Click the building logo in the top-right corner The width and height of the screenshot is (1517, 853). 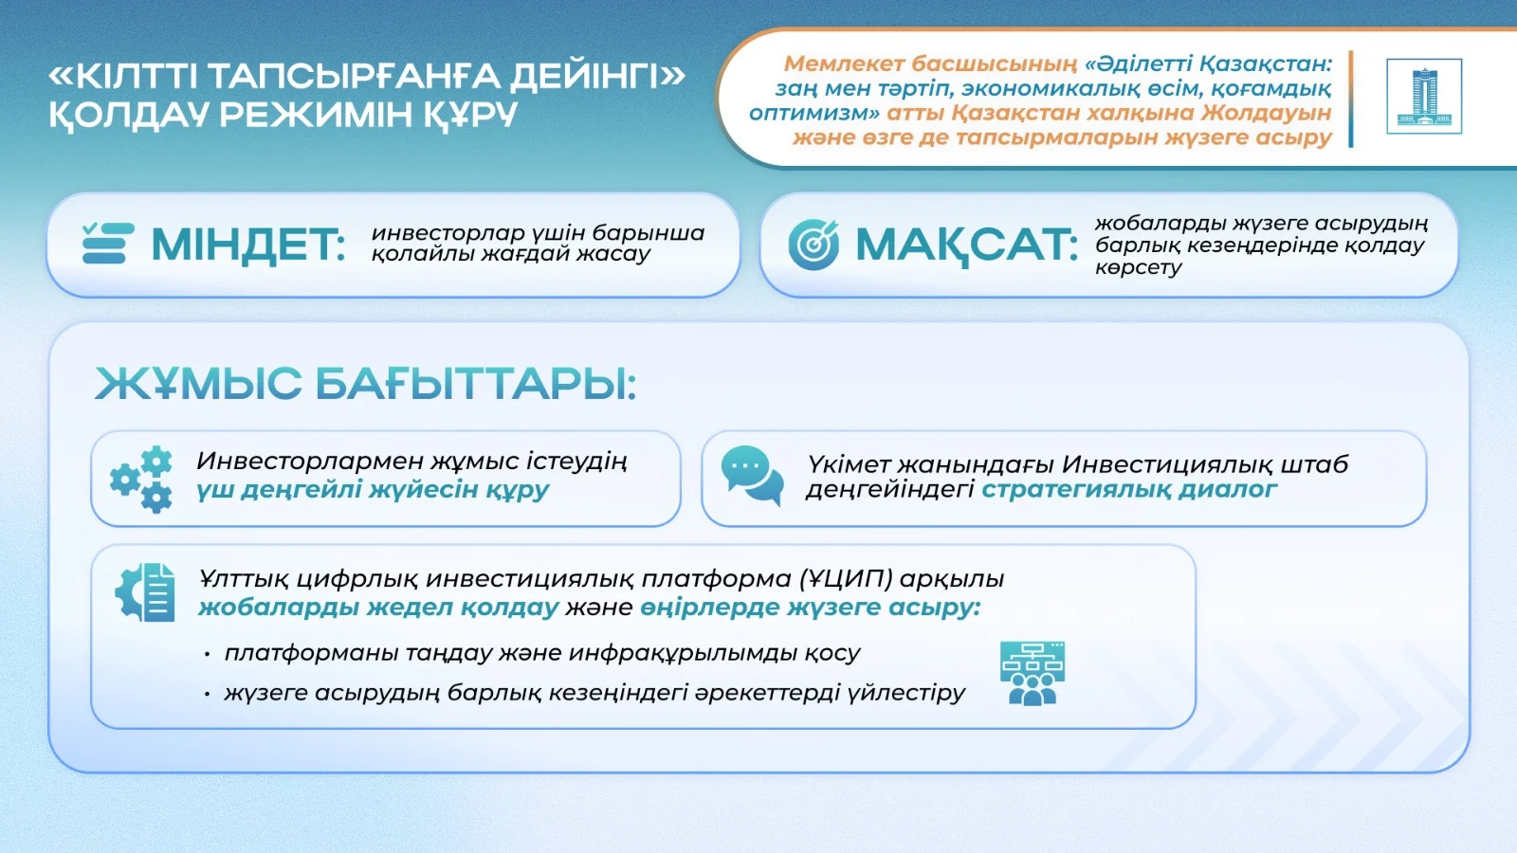(1423, 96)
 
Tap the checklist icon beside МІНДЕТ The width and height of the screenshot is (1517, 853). (108, 243)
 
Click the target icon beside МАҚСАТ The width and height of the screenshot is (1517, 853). (813, 245)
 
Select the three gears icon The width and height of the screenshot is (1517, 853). (141, 480)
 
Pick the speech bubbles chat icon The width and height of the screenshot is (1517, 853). (753, 475)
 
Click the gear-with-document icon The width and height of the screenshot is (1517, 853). (145, 592)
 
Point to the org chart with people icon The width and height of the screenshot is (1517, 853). (1033, 674)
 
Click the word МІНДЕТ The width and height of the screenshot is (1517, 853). (247, 245)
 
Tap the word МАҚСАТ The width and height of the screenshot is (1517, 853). (966, 245)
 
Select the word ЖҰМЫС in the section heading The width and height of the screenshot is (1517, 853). (198, 384)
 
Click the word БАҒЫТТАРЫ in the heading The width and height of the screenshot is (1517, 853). (476, 384)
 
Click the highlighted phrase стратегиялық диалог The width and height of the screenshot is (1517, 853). (1129, 489)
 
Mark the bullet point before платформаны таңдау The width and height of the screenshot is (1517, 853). (208, 655)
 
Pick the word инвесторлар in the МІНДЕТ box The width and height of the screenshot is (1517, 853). (448, 233)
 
